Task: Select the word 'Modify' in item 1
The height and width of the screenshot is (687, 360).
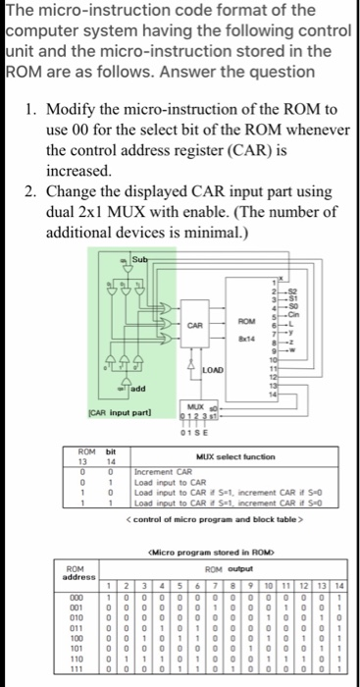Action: point(77,109)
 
